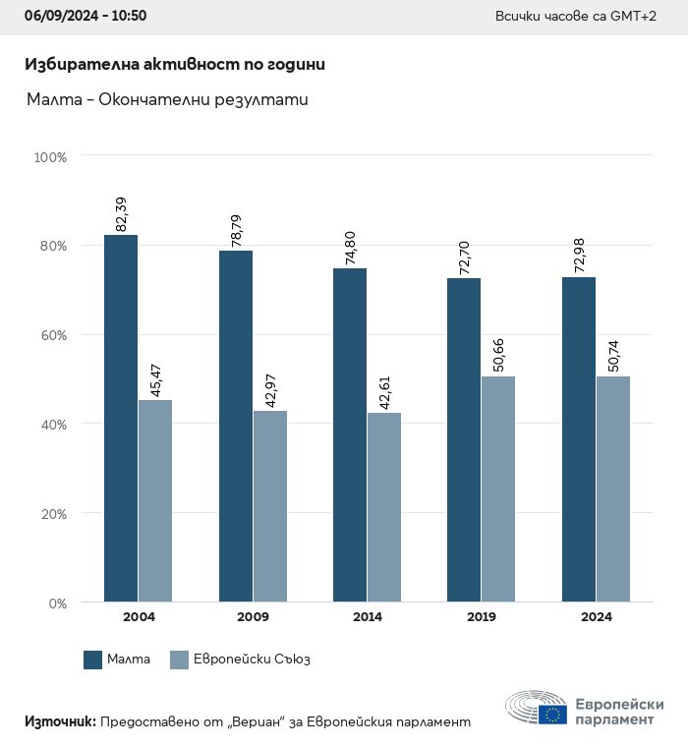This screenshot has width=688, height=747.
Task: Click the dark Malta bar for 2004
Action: [x=121, y=418]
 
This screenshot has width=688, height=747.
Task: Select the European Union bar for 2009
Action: [x=270, y=506]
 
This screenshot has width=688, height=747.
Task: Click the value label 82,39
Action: [x=122, y=214]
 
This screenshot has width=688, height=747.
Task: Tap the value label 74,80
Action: [x=351, y=248]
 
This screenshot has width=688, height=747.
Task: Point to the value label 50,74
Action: [x=614, y=355]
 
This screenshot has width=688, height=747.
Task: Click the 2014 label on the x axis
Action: [x=367, y=617]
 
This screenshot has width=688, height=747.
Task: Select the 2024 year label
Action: [x=596, y=617]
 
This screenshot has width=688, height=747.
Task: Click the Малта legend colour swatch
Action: [x=93, y=660]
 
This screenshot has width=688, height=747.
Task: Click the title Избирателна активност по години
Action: [x=174, y=64]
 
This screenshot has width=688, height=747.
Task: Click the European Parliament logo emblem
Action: [x=537, y=708]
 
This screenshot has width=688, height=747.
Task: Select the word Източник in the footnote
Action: [x=60, y=721]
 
